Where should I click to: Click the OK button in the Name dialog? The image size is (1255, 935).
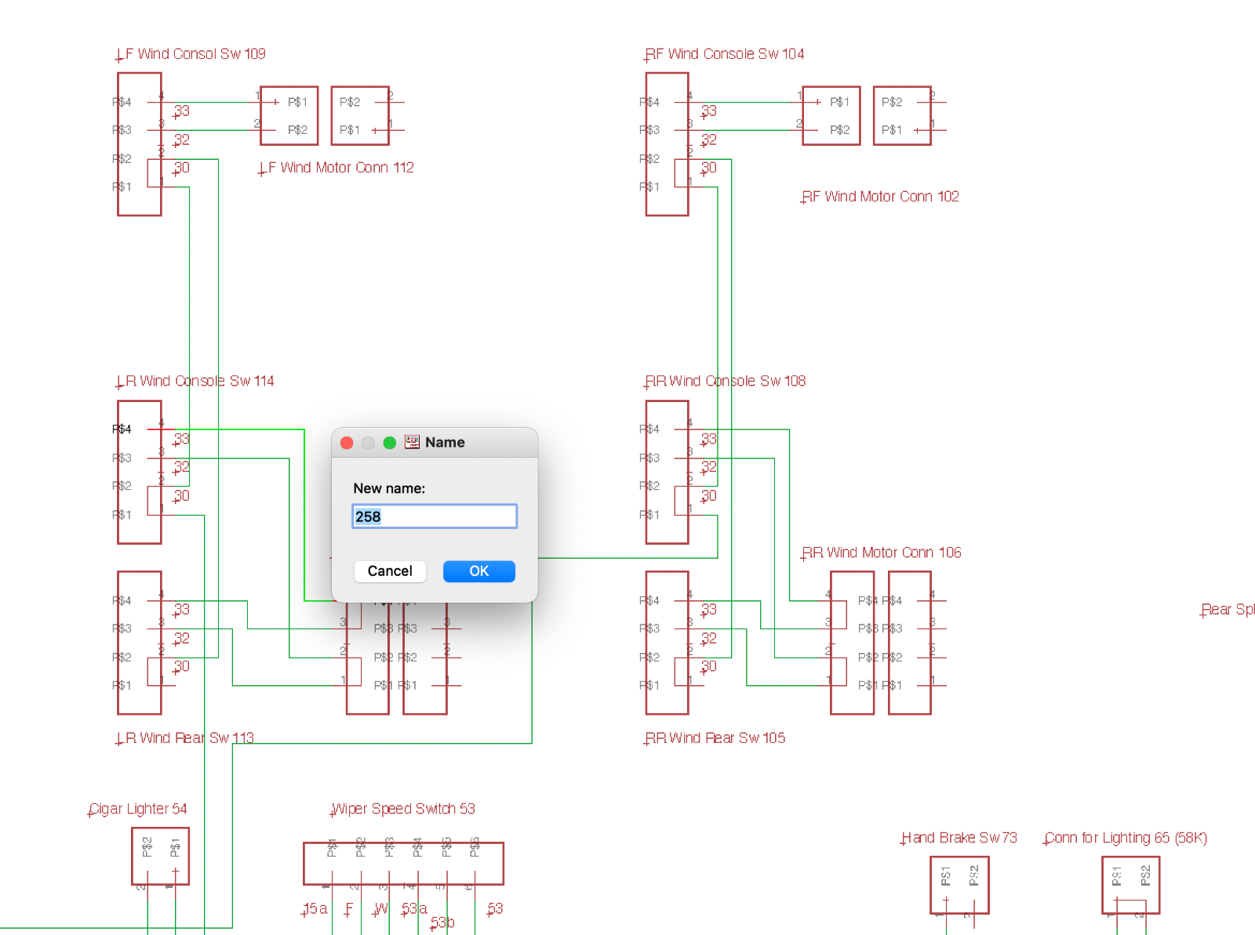[x=478, y=571]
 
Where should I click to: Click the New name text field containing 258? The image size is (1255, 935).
[x=434, y=516]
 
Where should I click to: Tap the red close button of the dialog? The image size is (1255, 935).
[x=347, y=443]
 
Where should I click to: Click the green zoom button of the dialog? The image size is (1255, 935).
[x=389, y=443]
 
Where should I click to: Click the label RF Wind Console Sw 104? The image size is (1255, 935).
[x=726, y=54]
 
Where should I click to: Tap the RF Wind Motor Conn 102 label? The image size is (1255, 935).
[x=880, y=197]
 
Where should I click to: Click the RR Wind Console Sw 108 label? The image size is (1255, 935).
[x=726, y=381]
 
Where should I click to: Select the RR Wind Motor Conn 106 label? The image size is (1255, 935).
[x=882, y=553]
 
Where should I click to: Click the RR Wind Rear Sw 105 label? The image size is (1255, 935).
[x=716, y=738]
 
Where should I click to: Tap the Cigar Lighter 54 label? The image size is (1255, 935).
[x=138, y=809]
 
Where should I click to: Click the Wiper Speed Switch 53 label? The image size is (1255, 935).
[x=404, y=809]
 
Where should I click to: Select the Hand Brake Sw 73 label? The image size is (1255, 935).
[x=959, y=838]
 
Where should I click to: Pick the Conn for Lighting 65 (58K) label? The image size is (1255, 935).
[x=1126, y=838]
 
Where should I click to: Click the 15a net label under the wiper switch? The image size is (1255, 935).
[x=315, y=908]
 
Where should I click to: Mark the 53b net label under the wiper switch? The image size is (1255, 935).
[x=442, y=922]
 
